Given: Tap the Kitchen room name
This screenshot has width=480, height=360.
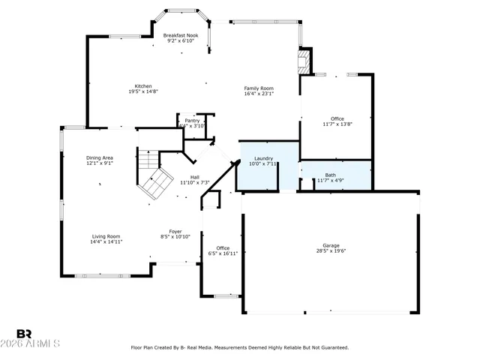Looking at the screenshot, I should tap(142, 85).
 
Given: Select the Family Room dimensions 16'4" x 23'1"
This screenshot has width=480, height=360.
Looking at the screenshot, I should tap(259, 94).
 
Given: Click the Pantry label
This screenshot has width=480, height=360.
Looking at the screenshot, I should tap(193, 120).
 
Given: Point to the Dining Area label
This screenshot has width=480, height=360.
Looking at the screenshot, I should tap(99, 157).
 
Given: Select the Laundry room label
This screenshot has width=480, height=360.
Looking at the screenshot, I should tap(263, 158).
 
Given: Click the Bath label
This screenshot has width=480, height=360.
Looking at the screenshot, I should tap(330, 175).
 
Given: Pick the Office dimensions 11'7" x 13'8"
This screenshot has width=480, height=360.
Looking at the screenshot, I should tap(337, 124).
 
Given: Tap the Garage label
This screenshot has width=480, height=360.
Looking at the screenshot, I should tap(330, 245).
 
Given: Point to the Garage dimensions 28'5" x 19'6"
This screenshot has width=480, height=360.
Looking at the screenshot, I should tap(330, 251).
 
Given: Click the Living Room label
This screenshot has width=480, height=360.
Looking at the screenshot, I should tap(106, 236).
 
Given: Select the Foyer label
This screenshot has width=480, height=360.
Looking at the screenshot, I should tap(175, 231).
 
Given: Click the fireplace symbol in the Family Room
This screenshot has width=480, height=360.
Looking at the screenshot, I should tap(304, 61).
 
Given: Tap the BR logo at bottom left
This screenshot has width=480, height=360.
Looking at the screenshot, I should tap(24, 334).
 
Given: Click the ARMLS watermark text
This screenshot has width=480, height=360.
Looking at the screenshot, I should tap(37, 343).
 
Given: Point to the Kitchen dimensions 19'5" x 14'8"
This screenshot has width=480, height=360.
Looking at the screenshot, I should tap(142, 91).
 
